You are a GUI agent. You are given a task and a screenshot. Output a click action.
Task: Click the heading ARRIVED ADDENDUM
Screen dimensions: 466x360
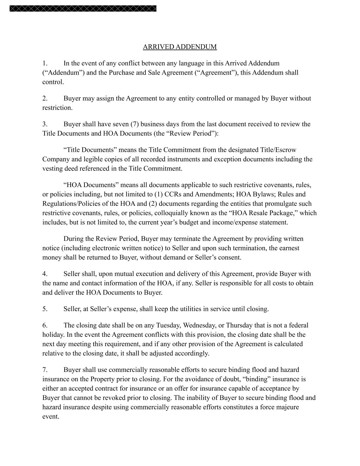click(180, 47)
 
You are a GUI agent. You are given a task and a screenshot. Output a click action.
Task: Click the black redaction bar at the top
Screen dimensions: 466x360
click(83, 8)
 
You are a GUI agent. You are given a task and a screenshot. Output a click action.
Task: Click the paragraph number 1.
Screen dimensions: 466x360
click(45, 63)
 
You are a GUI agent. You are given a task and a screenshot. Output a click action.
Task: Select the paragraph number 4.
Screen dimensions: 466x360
click(45, 274)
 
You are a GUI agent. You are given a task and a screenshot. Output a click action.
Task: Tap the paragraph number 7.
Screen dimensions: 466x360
click(45, 370)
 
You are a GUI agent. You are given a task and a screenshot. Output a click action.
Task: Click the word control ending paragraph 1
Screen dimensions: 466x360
click(53, 82)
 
